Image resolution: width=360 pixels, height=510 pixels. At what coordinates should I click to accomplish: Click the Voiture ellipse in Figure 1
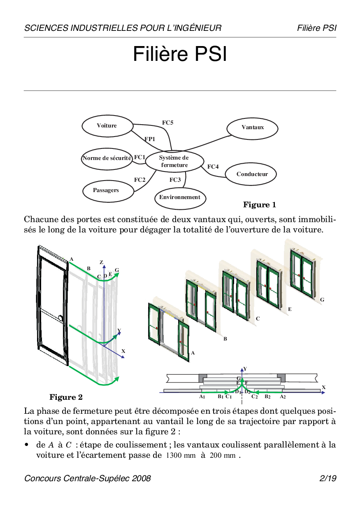coord(107,126)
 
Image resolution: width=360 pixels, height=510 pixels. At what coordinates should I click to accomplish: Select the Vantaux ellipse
coord(253,128)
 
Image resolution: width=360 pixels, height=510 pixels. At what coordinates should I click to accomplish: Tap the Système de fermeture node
coord(174,161)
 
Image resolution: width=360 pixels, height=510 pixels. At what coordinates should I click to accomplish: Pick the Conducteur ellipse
coord(251,174)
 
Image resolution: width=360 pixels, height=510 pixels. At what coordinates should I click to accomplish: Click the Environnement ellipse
coord(180,197)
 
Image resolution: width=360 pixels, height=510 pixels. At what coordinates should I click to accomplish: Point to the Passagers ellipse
coord(106,190)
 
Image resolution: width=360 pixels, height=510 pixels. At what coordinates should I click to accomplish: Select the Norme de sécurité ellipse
coord(107,158)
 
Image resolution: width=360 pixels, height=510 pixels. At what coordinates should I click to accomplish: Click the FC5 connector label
coord(167,123)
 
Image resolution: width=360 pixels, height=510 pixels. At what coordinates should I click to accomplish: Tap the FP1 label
coord(150,139)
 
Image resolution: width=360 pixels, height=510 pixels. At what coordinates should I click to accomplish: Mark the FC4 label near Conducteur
coord(213,167)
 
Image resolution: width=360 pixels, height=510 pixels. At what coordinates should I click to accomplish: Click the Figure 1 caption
coord(260,205)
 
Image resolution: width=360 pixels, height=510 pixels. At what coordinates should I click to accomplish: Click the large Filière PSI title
coord(180,55)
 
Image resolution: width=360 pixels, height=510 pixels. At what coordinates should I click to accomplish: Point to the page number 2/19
coord(328,478)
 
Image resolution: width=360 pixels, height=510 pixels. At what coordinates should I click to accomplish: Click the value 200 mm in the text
coord(223,456)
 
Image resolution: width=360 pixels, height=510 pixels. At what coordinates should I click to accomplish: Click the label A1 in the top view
coord(202,397)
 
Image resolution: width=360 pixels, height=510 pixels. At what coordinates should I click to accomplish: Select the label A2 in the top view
coord(283,397)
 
